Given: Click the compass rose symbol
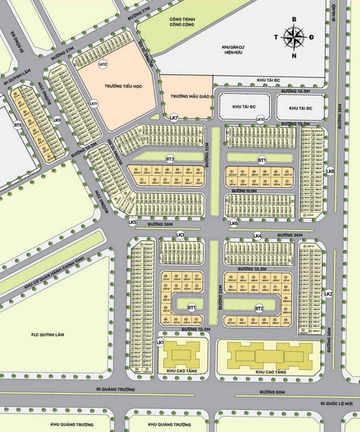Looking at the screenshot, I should point(294,36).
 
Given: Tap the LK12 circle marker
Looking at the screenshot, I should point(102,64).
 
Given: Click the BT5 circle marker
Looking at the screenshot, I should point(18,125).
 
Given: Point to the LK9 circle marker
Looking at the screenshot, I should point(57,120).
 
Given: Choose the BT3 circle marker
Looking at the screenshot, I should point(170,159).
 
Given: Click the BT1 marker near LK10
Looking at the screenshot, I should point(262,159).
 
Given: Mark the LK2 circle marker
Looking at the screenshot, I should point(329,294).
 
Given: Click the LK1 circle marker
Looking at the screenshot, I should point(161,342).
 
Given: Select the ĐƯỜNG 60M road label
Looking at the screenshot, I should point(274,392).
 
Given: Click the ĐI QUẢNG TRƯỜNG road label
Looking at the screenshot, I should point(116,389).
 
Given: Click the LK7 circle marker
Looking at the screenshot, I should point(174,118).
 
